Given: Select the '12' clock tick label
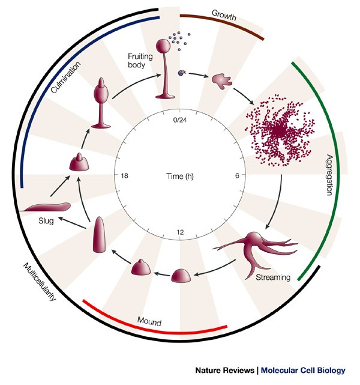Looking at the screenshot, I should pyautogui.click(x=180, y=232).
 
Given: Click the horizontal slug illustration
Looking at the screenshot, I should pyautogui.click(x=44, y=208).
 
